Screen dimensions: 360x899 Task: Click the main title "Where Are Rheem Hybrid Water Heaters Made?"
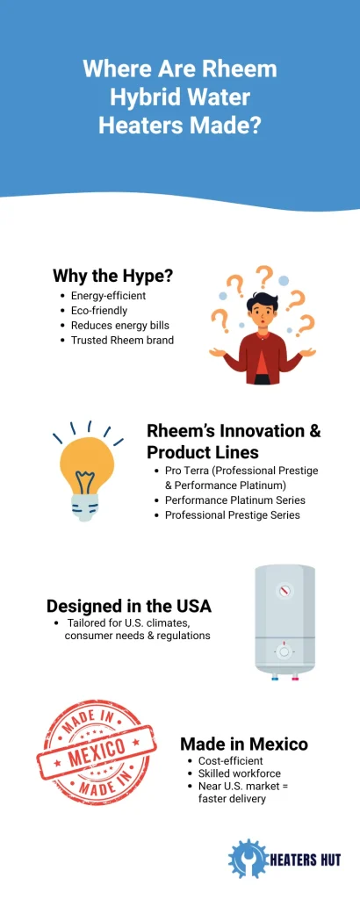[180, 97]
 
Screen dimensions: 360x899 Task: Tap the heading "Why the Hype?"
[113, 276]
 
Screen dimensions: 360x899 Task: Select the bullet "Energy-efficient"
[108, 296]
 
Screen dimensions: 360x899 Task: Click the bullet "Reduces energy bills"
[120, 325]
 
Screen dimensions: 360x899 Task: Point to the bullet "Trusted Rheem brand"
[122, 340]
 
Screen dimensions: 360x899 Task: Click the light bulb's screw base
[85, 507]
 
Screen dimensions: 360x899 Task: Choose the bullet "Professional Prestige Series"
[232, 514]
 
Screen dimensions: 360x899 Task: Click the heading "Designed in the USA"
[129, 606]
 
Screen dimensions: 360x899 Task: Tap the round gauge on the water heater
[284, 591]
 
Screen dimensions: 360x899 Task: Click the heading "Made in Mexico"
[244, 744]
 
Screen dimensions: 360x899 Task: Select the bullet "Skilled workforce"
[240, 773]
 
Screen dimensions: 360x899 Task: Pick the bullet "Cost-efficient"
[230, 761]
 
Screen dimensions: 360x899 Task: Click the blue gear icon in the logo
[248, 859]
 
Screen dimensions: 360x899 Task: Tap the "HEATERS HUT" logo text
[306, 859]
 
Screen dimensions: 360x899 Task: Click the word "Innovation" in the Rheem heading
[256, 430]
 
